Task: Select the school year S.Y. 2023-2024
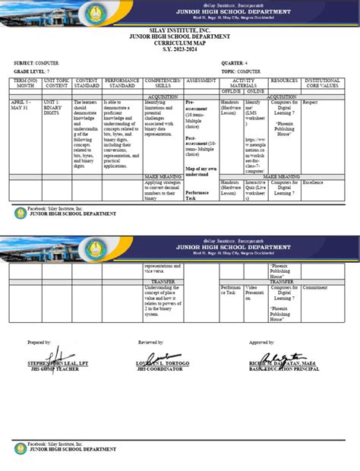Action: [179, 50]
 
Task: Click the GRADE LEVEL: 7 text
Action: [34, 71]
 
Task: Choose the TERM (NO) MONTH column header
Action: [27, 84]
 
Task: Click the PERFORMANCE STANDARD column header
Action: [122, 84]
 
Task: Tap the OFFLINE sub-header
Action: [230, 91]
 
